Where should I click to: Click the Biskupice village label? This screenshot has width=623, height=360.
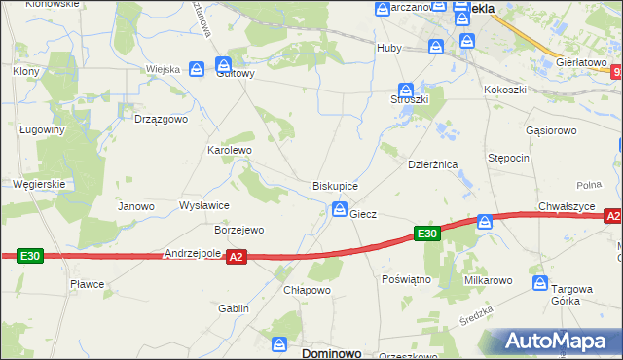[335, 185]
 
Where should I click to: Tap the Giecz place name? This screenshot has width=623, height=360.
[363, 213]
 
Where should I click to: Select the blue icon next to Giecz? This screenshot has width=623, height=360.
[340, 208]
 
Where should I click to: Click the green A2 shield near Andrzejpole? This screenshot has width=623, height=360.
[236, 257]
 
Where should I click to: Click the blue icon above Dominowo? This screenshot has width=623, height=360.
[280, 344]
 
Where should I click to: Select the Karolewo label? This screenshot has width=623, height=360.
[230, 151]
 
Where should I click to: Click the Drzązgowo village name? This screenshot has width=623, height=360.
[160, 119]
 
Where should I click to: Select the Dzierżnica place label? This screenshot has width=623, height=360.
[432, 165]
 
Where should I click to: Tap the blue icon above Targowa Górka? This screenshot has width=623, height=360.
[541, 283]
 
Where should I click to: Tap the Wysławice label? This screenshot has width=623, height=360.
[203, 205]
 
